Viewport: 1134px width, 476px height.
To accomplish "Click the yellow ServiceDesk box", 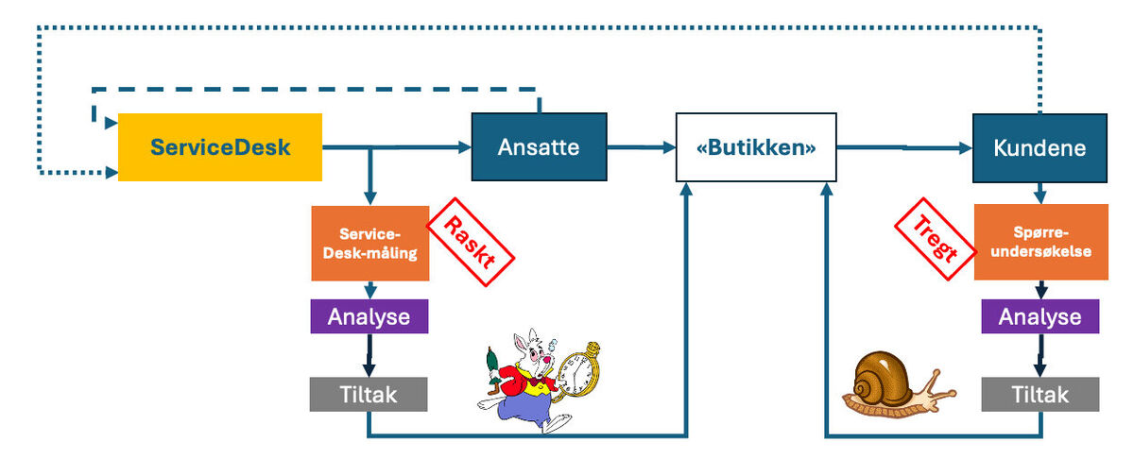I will (x=219, y=146).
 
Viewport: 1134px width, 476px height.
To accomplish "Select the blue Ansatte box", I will (x=539, y=146).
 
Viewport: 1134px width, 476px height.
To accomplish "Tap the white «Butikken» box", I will (x=756, y=147).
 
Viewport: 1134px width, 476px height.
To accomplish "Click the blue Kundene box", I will (x=1039, y=147).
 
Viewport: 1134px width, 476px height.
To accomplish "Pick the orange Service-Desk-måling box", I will (x=369, y=243).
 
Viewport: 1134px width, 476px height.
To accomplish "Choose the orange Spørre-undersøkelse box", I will (x=1039, y=243).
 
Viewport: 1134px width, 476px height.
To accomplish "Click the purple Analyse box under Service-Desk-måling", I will (x=369, y=316).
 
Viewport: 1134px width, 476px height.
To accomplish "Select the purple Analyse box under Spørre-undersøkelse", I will (x=1039, y=316).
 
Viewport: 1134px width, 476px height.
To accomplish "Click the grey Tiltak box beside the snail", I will (x=1039, y=394).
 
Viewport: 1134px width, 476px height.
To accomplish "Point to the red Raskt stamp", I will (x=471, y=236).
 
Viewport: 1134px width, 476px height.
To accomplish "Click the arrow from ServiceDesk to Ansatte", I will (x=416, y=147).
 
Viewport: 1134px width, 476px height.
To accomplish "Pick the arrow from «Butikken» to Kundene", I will (x=902, y=147).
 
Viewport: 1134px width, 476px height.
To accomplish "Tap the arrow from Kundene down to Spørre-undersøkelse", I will (x=1039, y=194).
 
